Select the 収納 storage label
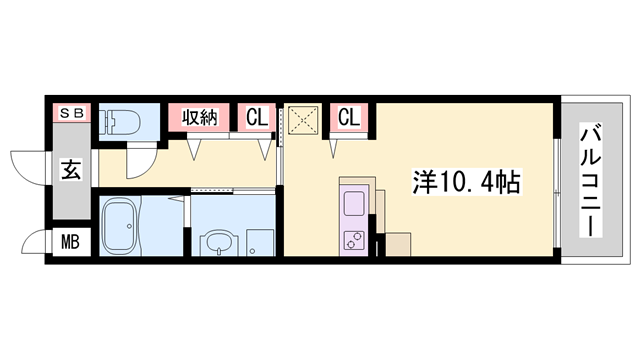197,117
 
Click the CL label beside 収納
257,117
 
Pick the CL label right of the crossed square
348,117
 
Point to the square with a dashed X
303,120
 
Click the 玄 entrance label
72,170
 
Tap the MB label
72,241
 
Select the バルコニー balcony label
591,180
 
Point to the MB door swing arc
35,242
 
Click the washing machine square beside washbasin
259,242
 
